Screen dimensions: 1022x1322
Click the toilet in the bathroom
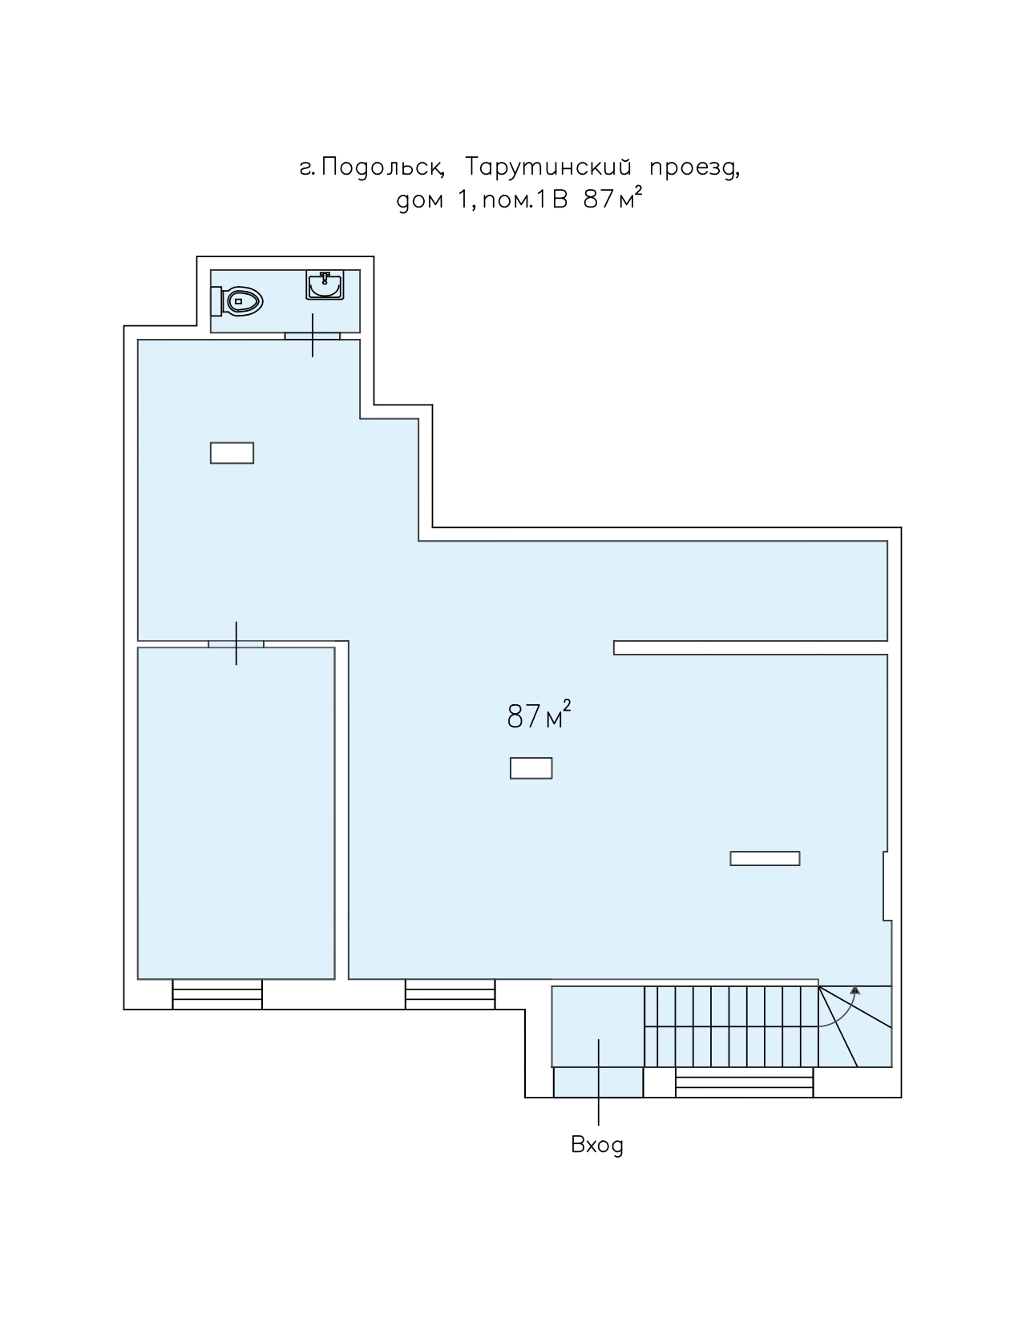coord(236,301)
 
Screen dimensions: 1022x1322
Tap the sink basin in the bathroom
coord(325,285)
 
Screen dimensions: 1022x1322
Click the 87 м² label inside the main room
coord(539,715)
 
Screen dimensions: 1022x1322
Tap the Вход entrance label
coord(597,1146)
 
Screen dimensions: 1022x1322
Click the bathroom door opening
coord(313,336)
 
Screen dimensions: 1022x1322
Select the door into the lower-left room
coord(236,644)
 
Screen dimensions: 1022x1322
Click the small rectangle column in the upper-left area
coord(232,453)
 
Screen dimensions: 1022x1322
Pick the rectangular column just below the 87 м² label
coord(531,768)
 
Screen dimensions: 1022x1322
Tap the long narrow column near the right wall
coord(765,858)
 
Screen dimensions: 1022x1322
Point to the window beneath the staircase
coord(744,1082)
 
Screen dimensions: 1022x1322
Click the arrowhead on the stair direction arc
coord(854,989)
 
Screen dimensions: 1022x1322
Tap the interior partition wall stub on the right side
coord(750,647)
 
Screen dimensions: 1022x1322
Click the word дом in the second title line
coord(420,201)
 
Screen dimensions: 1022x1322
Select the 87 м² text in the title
coord(612,198)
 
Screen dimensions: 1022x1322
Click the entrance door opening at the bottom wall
coord(598,1082)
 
